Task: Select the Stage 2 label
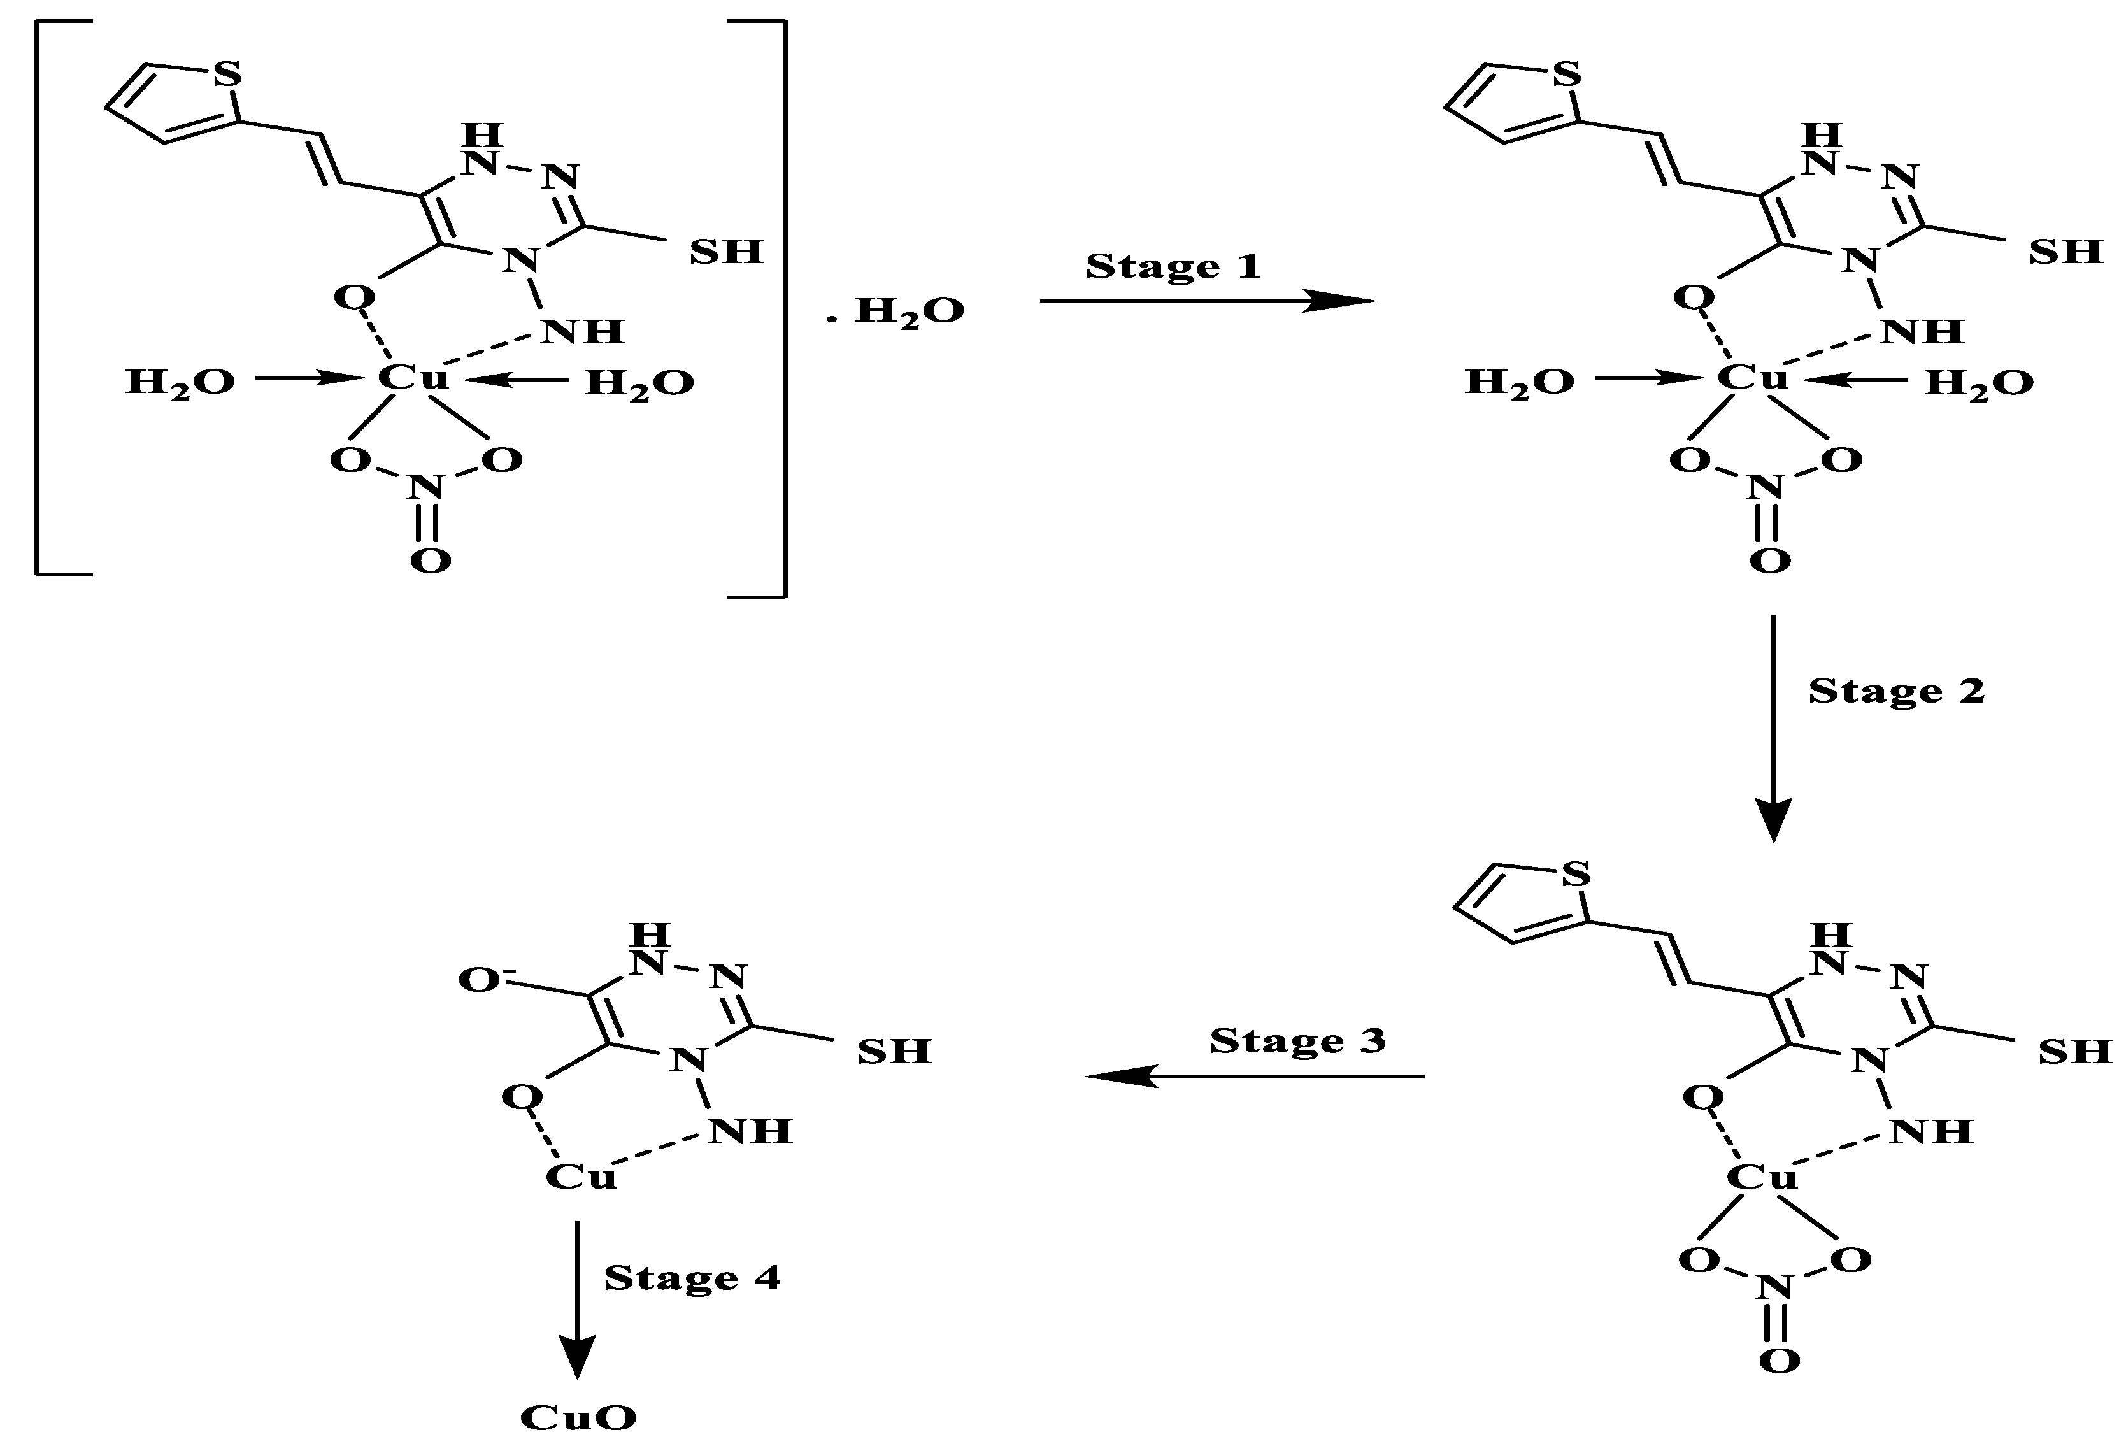coord(1896,691)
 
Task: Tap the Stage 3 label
coord(1297,1042)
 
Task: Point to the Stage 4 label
coord(692,1278)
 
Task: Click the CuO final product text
coord(578,1417)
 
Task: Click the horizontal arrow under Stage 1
coord(1208,300)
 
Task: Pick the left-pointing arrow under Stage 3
coord(1253,1077)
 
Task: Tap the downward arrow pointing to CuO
coord(577,1299)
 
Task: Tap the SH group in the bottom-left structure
coord(894,1052)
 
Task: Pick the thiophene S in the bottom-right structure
coord(1575,875)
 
